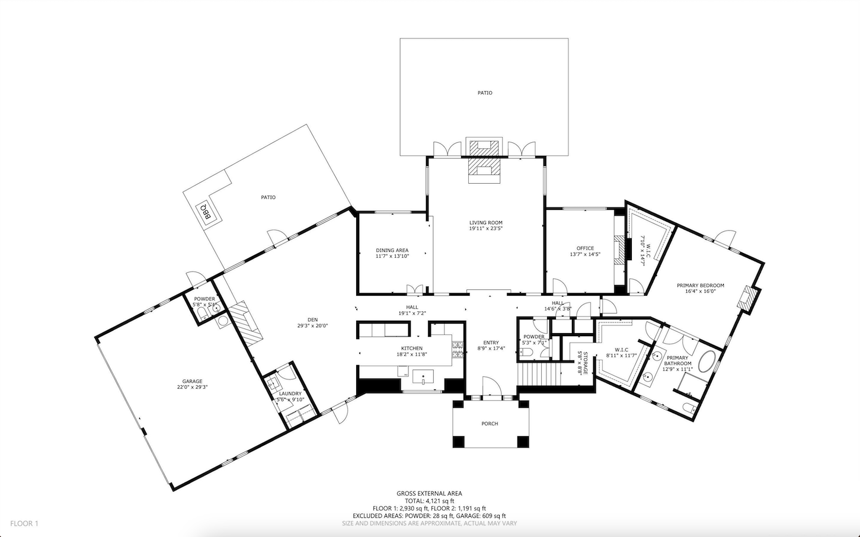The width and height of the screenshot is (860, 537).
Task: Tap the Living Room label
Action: [x=485, y=223]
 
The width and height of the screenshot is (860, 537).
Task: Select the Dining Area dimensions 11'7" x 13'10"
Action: [x=392, y=256]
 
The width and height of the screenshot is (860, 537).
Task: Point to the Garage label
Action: [x=192, y=381]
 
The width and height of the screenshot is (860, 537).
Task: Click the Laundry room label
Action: [x=290, y=394]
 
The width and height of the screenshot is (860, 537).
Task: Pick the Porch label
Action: [x=490, y=424]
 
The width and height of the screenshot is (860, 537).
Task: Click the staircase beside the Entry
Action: [x=539, y=375]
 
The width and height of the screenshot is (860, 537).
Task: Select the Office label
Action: [x=585, y=248]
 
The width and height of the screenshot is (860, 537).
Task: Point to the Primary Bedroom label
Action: [x=700, y=285]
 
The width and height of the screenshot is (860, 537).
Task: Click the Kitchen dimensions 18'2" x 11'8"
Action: [x=411, y=354]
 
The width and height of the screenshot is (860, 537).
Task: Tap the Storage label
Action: [x=585, y=363]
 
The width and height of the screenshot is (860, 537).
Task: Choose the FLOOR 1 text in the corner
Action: [x=24, y=523]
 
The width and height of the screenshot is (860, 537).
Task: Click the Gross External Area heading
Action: [x=429, y=493]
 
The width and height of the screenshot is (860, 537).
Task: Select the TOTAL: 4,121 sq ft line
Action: [x=429, y=501]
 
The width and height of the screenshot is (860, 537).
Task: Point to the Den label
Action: [x=312, y=320]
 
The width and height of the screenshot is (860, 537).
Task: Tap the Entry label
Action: [x=491, y=343]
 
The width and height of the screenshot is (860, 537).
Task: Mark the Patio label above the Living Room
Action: [x=485, y=93]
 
